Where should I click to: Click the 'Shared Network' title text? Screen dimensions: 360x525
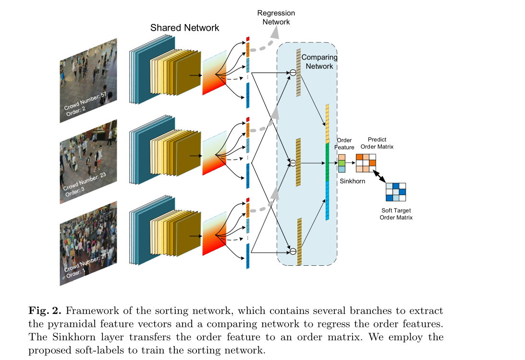[x=184, y=27]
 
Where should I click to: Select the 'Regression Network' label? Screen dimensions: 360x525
[x=276, y=17]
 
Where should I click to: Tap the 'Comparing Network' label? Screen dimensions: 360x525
[x=319, y=62]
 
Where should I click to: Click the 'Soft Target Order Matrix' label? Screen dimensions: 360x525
[x=396, y=214]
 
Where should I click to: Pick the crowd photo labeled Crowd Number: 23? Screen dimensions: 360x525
[x=88, y=161]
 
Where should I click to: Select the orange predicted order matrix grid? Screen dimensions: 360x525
[x=366, y=163]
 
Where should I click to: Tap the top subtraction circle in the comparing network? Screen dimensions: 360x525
[x=292, y=73]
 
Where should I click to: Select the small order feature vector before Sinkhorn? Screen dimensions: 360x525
[x=342, y=163]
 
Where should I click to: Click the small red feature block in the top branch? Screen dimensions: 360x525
[x=248, y=38]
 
